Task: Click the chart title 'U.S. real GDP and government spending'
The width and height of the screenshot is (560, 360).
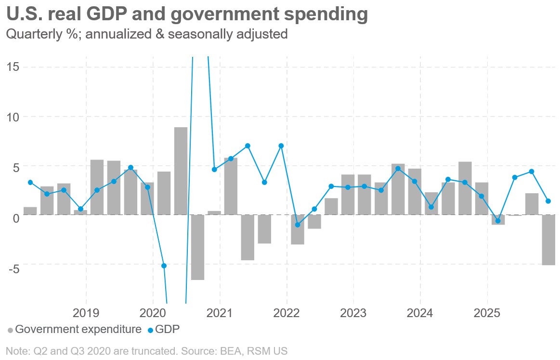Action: (187, 14)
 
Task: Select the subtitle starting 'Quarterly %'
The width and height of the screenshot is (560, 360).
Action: (146, 35)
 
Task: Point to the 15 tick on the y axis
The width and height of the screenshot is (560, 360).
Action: (13, 67)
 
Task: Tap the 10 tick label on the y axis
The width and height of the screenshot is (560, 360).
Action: (13, 117)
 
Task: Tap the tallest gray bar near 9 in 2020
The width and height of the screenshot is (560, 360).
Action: (181, 171)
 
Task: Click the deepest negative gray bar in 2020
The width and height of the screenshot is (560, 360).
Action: (197, 247)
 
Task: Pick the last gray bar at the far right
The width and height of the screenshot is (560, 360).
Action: (548, 240)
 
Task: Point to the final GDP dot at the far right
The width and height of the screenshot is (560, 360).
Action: (548, 201)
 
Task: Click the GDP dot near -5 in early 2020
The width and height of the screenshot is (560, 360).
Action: (164, 266)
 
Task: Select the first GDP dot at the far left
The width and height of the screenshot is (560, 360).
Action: (30, 182)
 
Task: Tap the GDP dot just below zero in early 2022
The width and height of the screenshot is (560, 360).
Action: (298, 225)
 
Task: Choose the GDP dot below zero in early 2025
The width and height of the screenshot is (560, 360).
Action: (498, 221)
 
